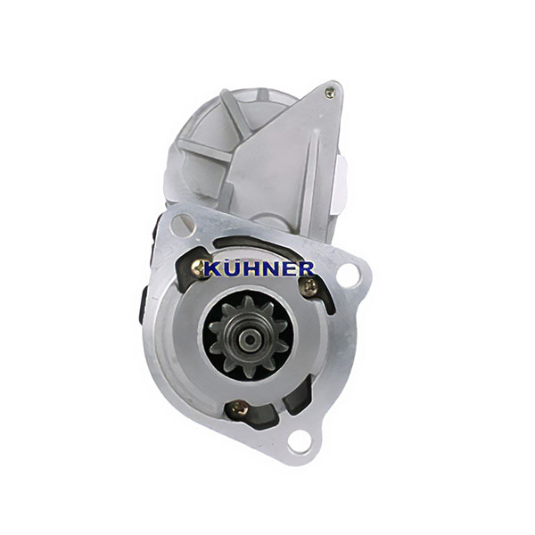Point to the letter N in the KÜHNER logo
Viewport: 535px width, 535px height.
coord(269,269)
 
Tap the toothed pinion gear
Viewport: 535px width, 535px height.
coord(248,337)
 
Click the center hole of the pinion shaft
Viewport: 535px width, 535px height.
coord(250,339)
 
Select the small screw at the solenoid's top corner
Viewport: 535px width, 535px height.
coord(330,93)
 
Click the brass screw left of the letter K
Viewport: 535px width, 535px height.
coord(198,268)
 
